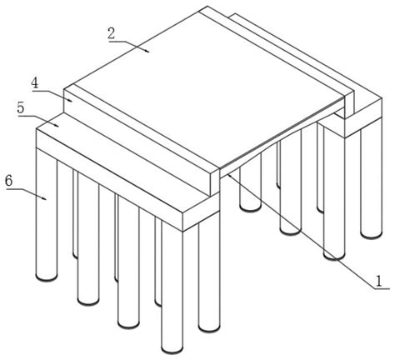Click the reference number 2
click(112, 33)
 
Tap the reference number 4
click(35, 83)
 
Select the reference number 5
click(21, 107)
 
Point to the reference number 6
click(9, 181)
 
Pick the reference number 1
click(378, 281)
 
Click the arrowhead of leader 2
click(147, 50)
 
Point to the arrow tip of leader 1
click(228, 174)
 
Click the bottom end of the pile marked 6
click(47, 277)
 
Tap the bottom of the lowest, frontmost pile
click(172, 348)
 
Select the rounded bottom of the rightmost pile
click(372, 234)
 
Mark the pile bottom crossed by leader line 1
click(334, 256)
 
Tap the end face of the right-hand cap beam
click(363, 117)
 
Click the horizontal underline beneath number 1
click(382, 289)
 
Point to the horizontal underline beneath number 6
click(14, 189)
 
